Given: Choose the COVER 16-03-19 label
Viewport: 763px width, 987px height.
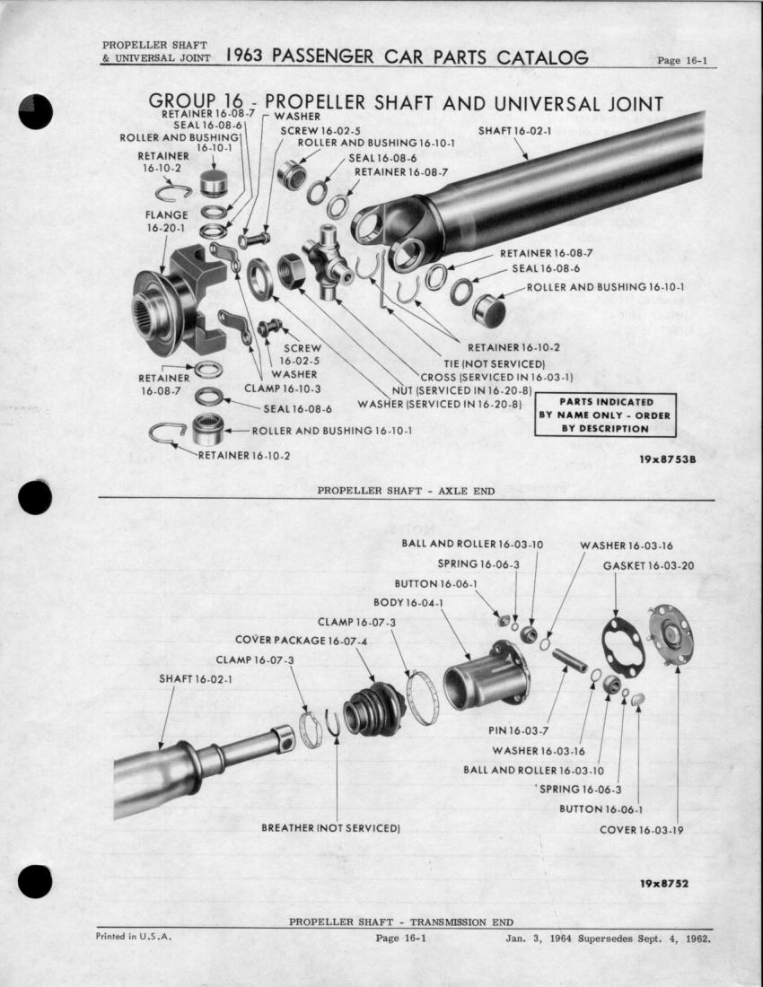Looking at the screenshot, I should coord(641,829).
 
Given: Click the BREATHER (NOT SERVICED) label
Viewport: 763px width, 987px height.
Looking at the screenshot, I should coord(330,826).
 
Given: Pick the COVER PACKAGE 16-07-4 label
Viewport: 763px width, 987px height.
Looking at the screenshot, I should coord(301,641).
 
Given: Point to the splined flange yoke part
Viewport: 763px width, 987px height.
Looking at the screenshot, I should coord(180,296).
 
